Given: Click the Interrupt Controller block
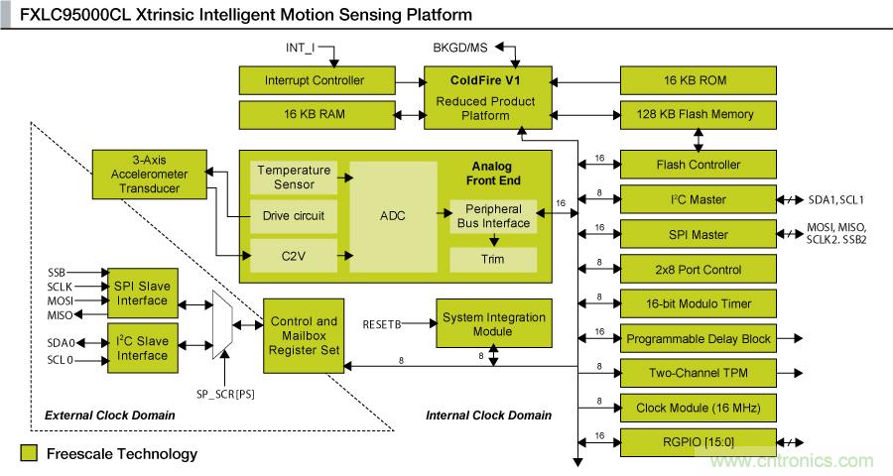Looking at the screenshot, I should (315, 80).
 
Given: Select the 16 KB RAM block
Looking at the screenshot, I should (315, 115).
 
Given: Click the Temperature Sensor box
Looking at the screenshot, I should (294, 178).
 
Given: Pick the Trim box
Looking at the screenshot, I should (493, 260).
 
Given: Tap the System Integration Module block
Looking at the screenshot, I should (493, 324).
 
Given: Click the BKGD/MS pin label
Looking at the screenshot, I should (459, 47).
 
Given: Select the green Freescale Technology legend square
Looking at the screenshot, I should (29, 454).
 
